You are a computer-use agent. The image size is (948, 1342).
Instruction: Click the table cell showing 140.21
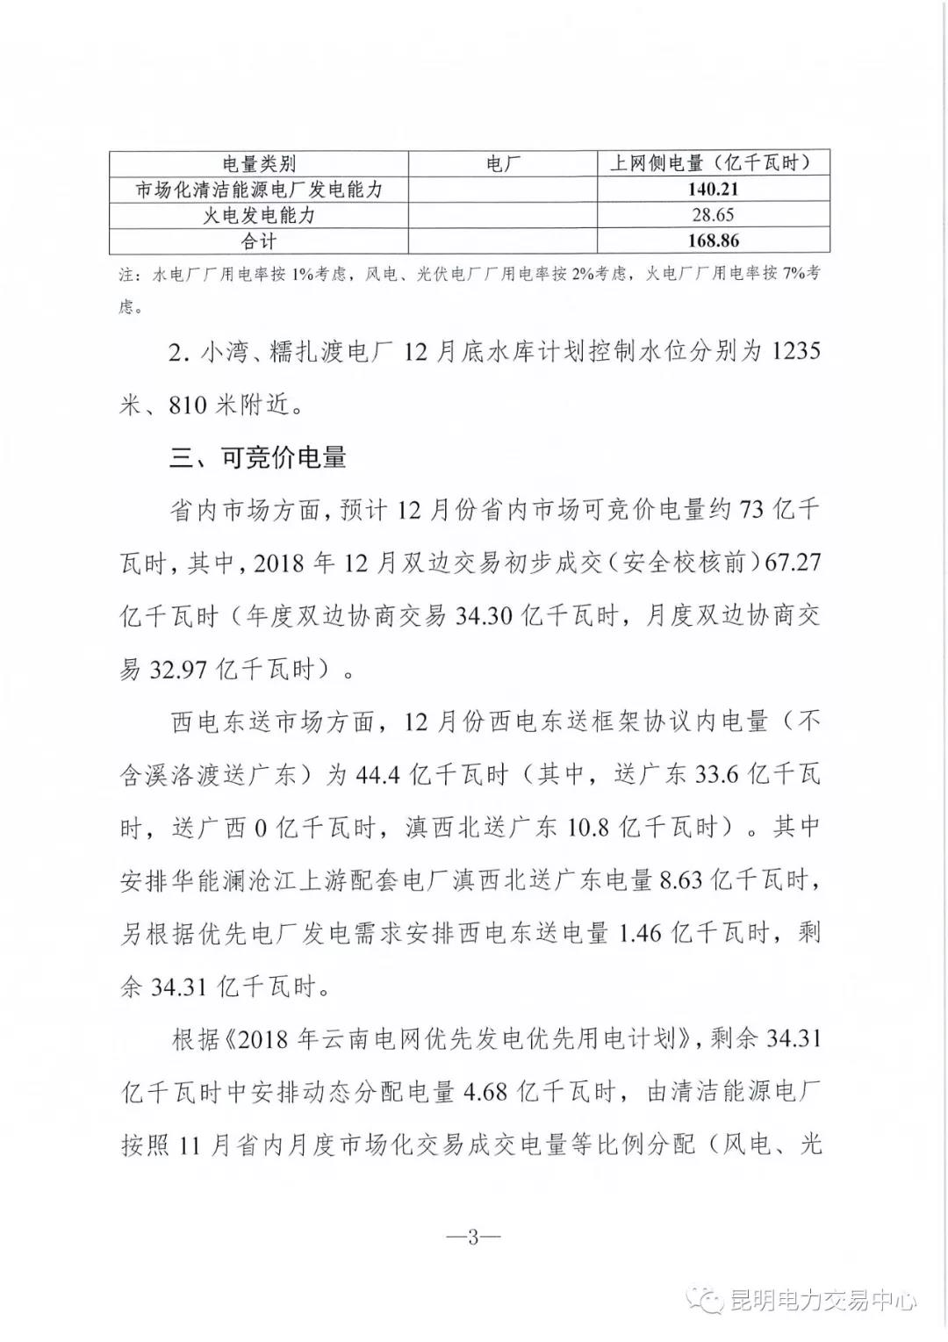pos(713,189)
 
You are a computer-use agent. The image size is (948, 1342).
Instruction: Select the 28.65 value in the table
pos(713,215)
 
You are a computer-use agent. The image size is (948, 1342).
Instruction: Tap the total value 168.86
pos(713,240)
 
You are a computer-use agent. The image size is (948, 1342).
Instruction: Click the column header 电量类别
pos(259,163)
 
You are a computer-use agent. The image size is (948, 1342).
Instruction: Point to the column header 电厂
pos(503,163)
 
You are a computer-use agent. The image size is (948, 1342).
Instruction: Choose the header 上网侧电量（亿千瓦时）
pos(713,163)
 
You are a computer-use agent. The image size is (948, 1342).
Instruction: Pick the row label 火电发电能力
pos(259,215)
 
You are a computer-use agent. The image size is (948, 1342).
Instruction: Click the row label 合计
pos(259,240)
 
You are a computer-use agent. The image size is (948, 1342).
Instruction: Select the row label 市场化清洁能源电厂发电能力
pos(259,189)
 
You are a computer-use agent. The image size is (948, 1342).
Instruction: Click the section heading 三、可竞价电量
pos(258,457)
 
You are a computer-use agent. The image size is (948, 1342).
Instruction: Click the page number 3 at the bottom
pos(473,1239)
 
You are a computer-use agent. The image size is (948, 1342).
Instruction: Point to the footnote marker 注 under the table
pos(127,275)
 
